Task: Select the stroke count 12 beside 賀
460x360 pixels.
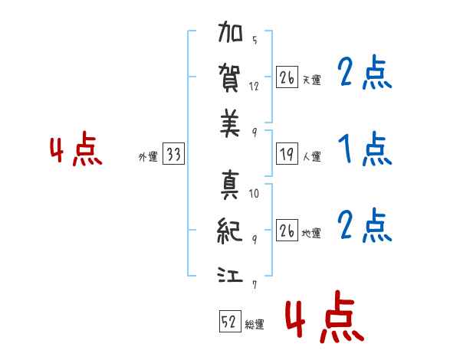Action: [x=255, y=86]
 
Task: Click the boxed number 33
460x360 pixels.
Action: [x=173, y=155]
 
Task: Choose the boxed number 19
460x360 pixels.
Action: [x=287, y=155]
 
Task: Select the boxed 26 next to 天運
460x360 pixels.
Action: [x=287, y=77]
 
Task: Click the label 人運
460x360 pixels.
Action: [x=311, y=157]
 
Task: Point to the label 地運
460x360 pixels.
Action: [x=311, y=234]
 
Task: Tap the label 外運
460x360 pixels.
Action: [x=148, y=157]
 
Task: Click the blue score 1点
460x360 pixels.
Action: [x=365, y=149]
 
